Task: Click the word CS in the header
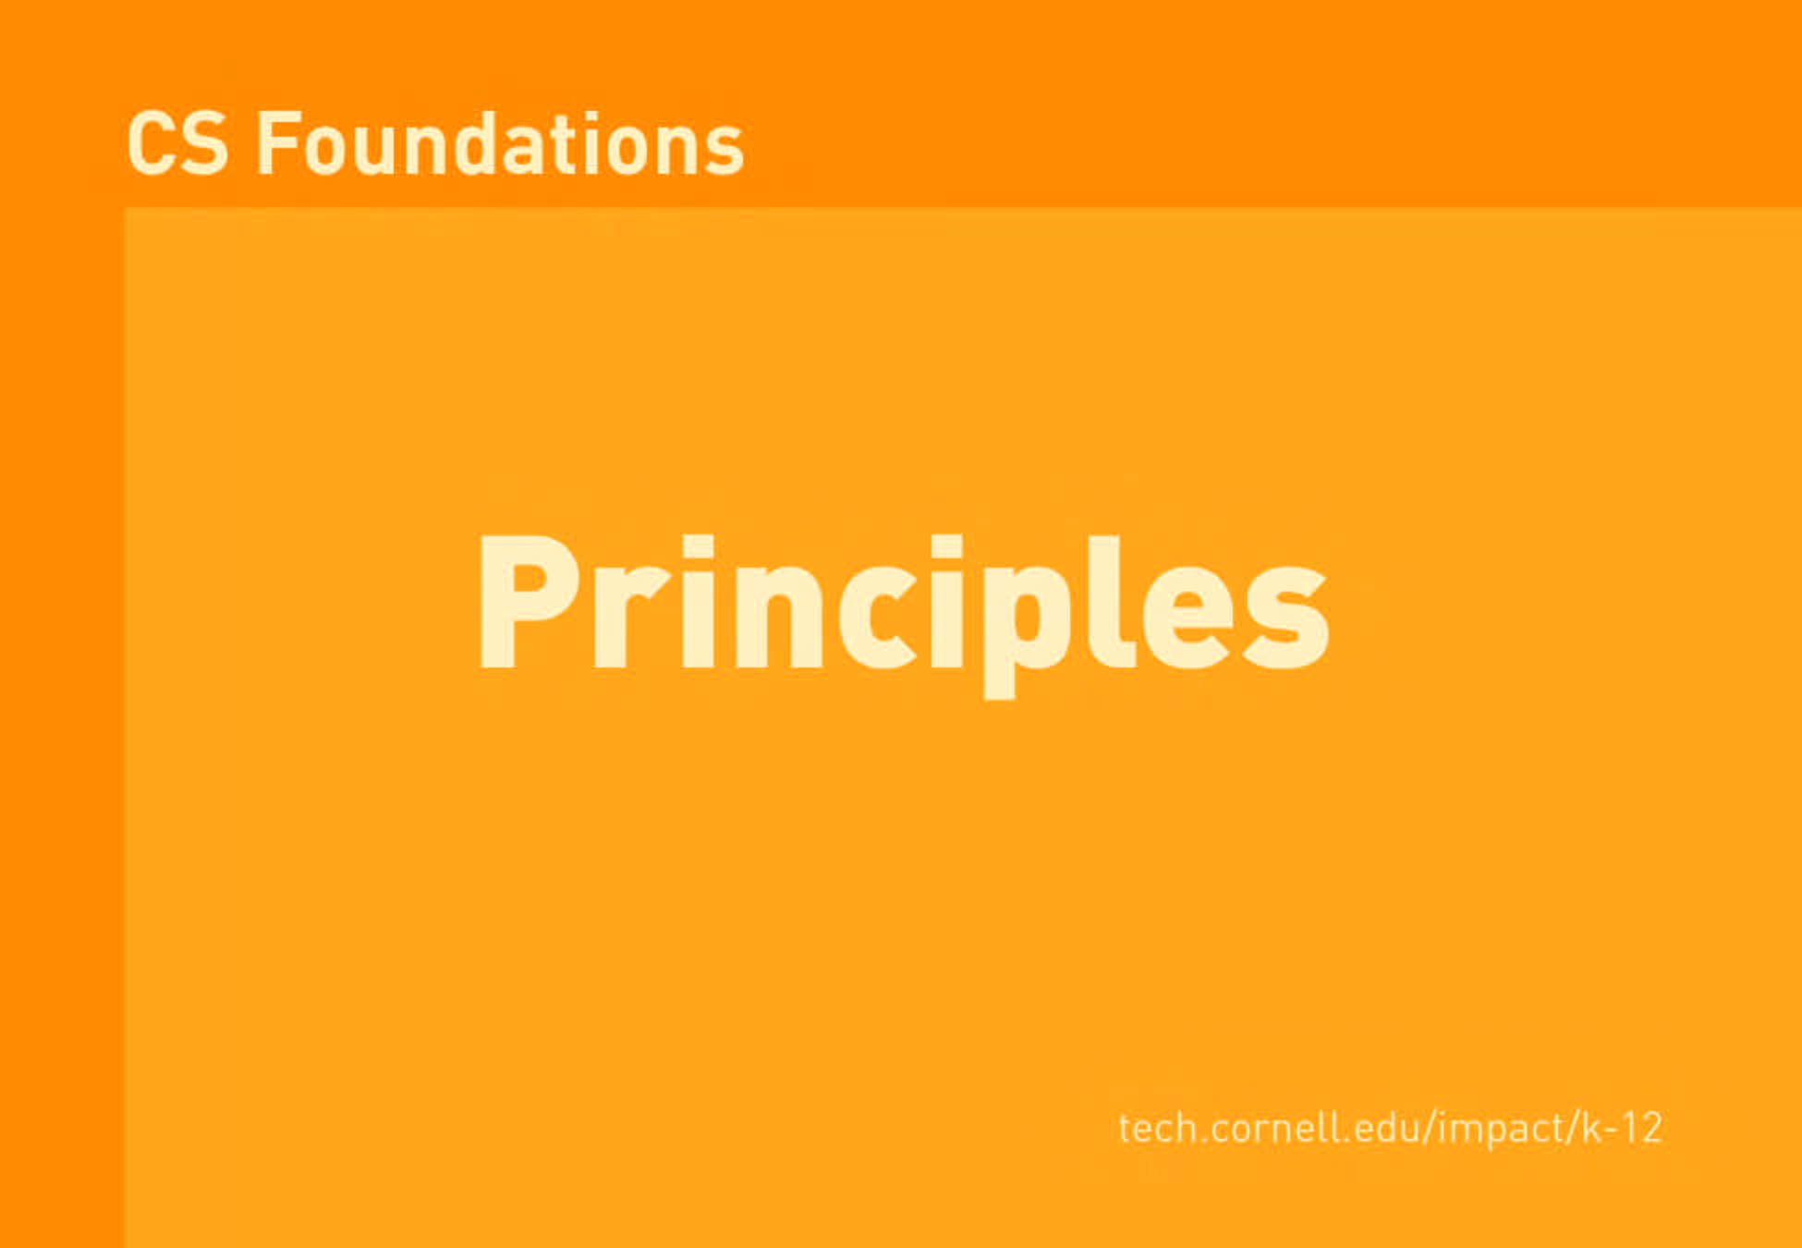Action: [x=177, y=143]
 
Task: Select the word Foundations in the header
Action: [x=500, y=143]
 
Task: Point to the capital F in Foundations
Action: [x=278, y=143]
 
